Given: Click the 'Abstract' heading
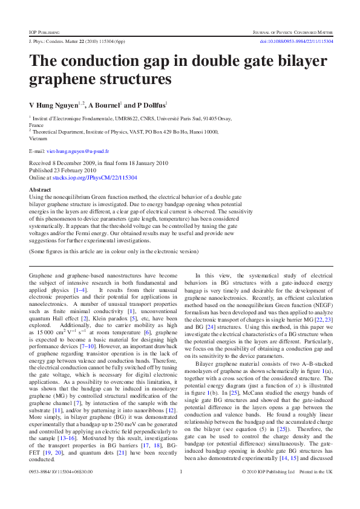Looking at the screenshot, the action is [40, 189].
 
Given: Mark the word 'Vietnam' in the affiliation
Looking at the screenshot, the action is [38, 138].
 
